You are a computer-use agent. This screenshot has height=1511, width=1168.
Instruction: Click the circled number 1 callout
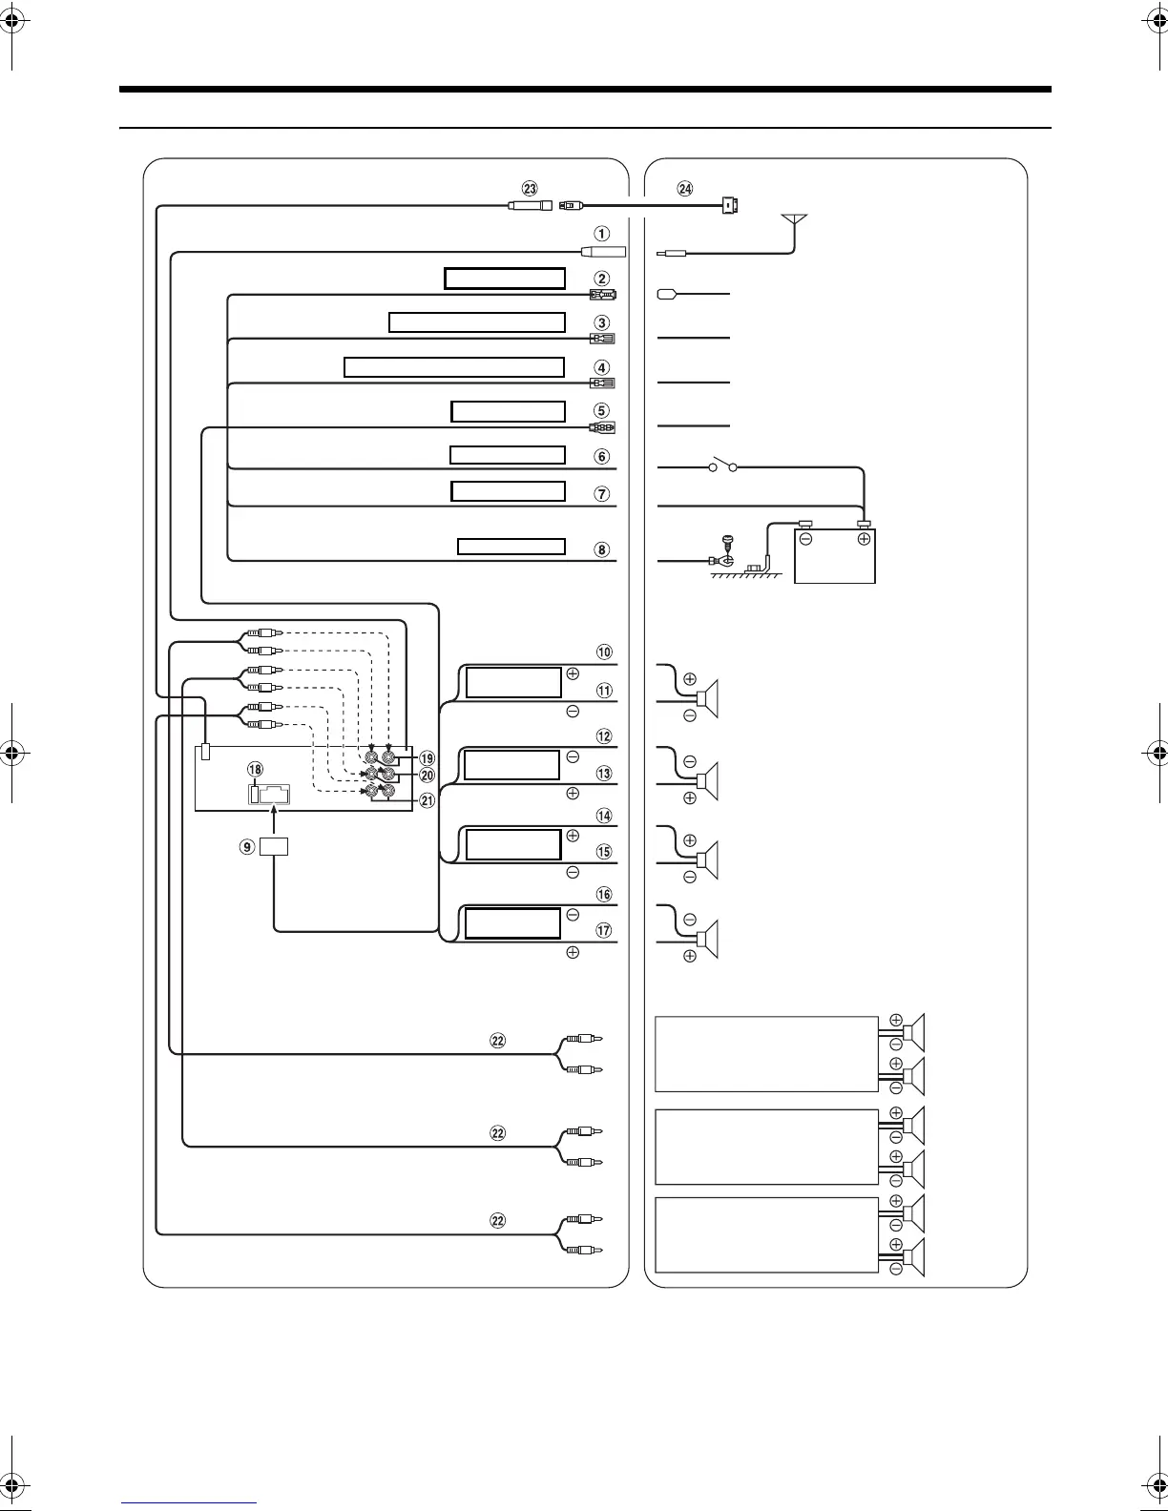(601, 234)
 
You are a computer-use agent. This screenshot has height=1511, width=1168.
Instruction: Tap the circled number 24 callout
(685, 189)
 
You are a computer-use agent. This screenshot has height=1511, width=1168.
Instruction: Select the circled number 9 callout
(248, 846)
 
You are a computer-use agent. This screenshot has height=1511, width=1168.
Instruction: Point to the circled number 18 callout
(254, 770)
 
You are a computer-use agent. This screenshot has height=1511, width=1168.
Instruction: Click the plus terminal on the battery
(864, 539)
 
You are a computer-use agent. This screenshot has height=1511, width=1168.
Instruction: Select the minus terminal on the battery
(805, 539)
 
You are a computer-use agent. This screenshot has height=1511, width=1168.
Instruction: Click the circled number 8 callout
(601, 549)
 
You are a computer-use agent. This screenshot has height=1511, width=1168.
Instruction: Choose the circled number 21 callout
(428, 800)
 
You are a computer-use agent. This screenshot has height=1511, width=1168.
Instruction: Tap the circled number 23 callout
(531, 189)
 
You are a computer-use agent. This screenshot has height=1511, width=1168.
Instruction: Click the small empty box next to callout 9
(274, 845)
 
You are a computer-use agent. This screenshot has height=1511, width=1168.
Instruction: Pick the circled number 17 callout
(603, 931)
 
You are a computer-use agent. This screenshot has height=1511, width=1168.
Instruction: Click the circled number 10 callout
(603, 652)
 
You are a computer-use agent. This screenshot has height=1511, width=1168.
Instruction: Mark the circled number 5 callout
(601, 411)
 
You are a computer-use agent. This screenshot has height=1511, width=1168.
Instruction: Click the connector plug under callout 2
(603, 295)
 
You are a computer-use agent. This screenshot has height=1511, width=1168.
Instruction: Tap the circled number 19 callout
(428, 758)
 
